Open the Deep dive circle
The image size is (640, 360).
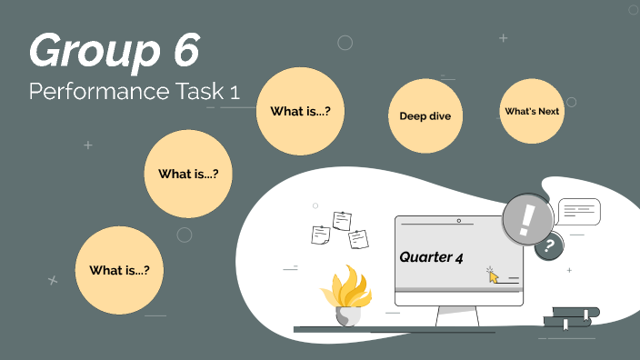coord(425,115)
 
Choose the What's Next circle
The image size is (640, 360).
coord(532,111)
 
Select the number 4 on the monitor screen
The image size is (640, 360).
coord(460,258)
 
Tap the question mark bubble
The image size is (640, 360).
coord(548,245)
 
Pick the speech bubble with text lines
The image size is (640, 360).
coord(579,212)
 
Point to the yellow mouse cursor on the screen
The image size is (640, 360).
coord(494,275)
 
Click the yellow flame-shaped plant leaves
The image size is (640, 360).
coord(345,287)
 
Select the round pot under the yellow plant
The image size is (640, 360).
coord(347,316)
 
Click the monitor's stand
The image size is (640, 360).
coord(458,315)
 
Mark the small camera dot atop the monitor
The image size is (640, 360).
coord(458,221)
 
